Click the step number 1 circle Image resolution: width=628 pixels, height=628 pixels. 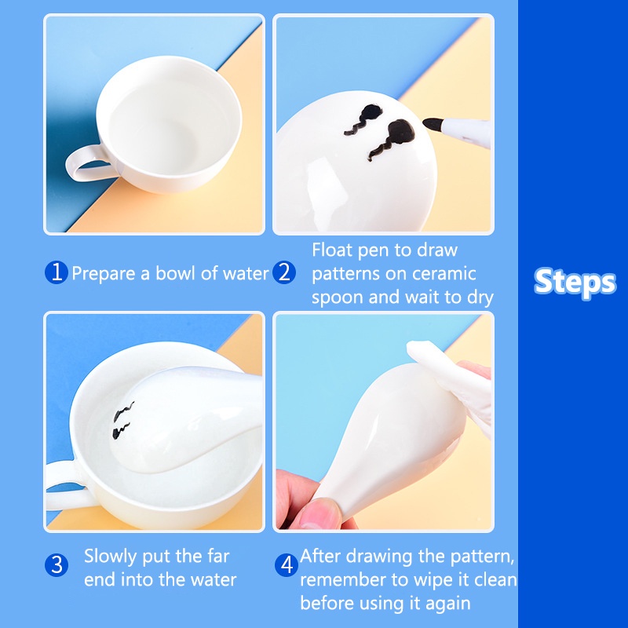(x=56, y=272)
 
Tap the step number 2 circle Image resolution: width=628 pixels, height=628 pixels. (x=284, y=272)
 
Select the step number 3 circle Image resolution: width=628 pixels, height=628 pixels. (x=57, y=565)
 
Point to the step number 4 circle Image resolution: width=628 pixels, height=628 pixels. (x=287, y=565)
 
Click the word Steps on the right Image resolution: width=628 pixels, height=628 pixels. (x=575, y=283)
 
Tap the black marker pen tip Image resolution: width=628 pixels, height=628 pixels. (x=433, y=124)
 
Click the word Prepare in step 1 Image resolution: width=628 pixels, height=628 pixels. (x=104, y=274)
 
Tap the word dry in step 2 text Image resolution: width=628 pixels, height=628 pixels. (x=480, y=298)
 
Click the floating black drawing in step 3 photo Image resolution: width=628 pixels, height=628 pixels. (x=122, y=420)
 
